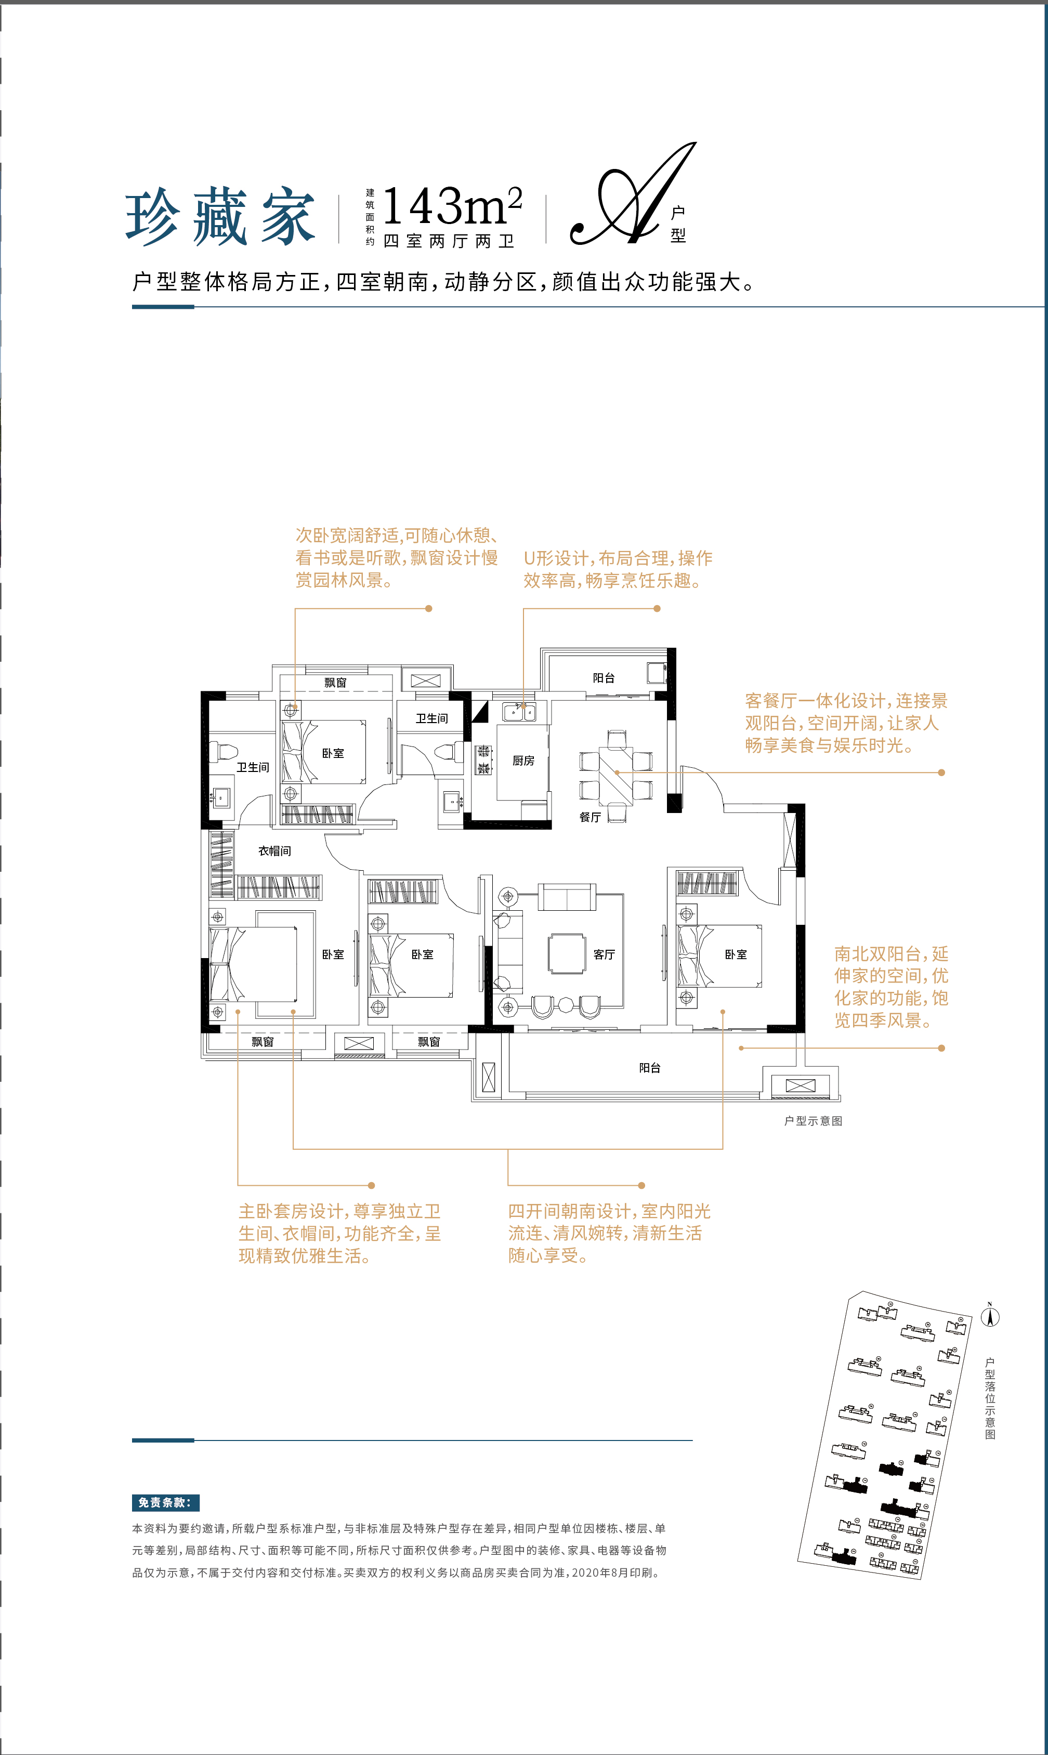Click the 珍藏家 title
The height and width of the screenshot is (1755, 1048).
(220, 217)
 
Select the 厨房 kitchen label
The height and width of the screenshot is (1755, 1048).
(523, 761)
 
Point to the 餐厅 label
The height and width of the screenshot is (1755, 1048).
(591, 817)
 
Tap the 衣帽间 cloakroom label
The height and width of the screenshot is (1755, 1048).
(274, 851)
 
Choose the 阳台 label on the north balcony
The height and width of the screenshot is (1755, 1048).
(604, 678)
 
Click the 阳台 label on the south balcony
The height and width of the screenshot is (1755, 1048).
(650, 1068)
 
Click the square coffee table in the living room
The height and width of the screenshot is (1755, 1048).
(567, 953)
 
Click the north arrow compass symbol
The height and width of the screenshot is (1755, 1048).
(990, 1316)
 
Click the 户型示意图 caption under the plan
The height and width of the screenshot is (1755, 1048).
(813, 1121)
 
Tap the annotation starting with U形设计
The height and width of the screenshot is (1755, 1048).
(618, 569)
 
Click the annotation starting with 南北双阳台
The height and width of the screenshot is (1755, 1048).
(891, 987)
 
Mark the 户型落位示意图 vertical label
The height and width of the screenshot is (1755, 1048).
(990, 1398)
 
